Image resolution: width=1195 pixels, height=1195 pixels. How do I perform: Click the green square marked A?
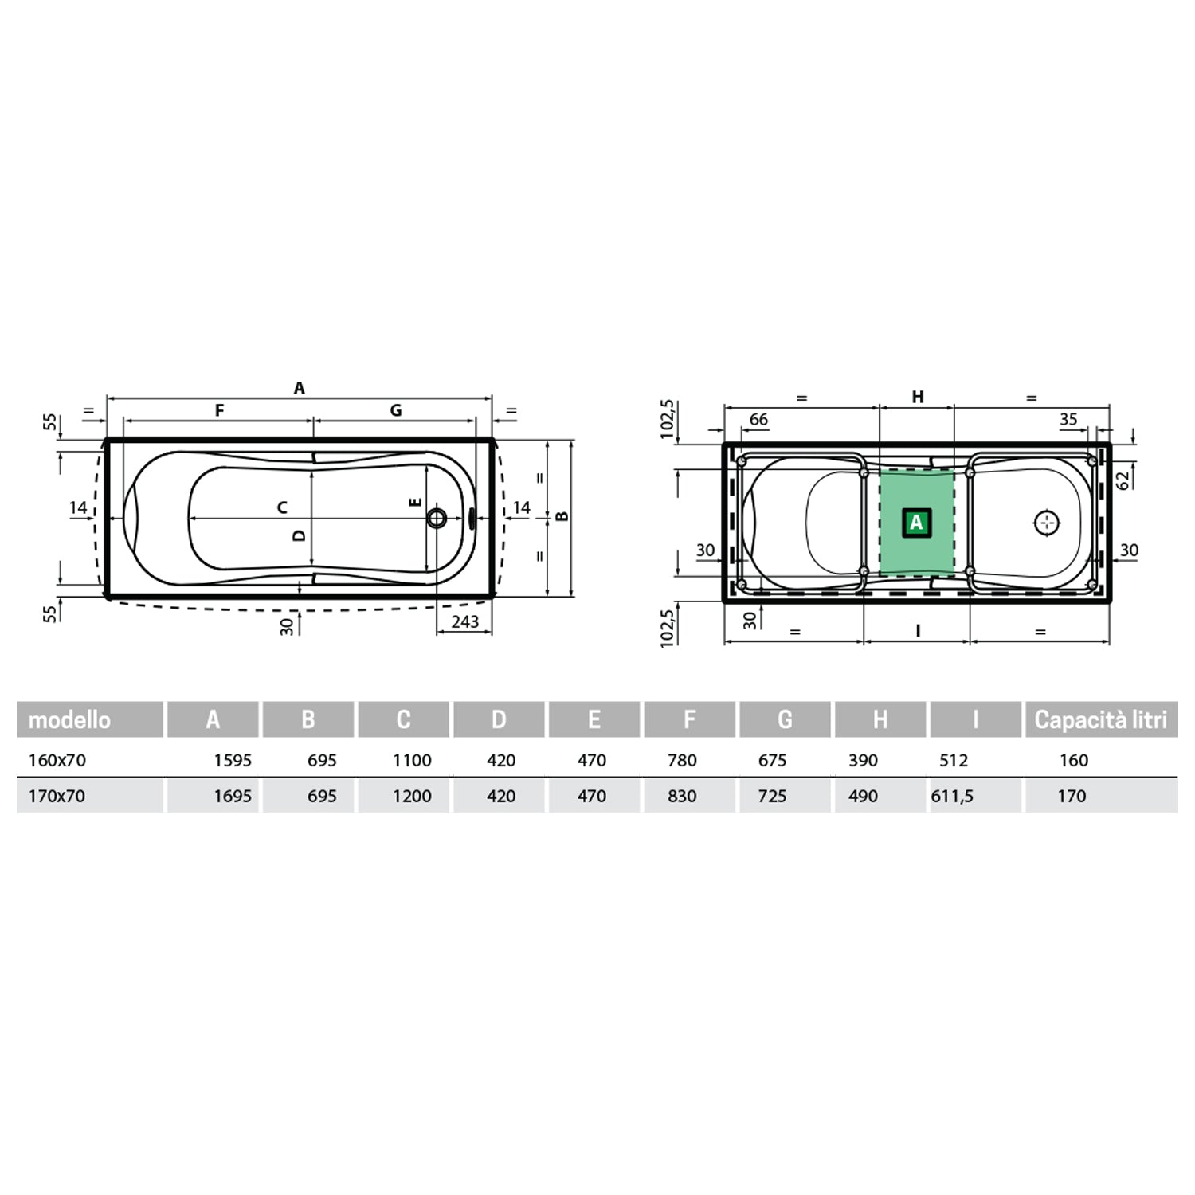[916, 523]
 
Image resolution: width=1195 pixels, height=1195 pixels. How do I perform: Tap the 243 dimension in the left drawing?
[464, 621]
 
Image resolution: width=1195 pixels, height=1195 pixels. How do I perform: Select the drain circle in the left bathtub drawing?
[437, 519]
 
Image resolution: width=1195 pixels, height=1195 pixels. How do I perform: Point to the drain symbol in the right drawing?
[1047, 523]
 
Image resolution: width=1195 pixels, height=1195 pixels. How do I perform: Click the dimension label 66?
[758, 419]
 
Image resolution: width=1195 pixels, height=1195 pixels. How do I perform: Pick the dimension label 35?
[1068, 419]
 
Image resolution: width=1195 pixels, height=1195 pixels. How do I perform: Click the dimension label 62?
[1123, 480]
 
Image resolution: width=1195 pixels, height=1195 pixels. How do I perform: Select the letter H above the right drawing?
[917, 397]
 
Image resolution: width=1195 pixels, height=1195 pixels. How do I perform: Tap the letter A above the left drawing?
[299, 388]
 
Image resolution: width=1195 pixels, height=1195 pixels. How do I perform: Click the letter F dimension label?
[219, 410]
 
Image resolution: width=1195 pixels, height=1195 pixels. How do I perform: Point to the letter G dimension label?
[395, 410]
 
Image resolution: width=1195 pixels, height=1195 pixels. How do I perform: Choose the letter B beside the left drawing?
[562, 516]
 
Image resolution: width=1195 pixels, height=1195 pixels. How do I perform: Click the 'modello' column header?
[69, 720]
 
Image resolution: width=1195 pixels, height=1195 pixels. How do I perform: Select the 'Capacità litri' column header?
[1100, 720]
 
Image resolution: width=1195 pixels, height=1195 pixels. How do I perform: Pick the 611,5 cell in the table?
[952, 796]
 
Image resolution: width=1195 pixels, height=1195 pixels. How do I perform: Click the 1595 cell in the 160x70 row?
[232, 760]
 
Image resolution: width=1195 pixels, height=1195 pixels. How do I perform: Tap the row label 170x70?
[57, 796]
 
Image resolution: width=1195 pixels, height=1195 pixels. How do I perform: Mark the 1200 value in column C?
[412, 796]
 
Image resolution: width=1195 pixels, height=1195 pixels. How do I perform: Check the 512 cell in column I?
[954, 760]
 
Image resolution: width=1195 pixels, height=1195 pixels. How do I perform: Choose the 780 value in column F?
[682, 760]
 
